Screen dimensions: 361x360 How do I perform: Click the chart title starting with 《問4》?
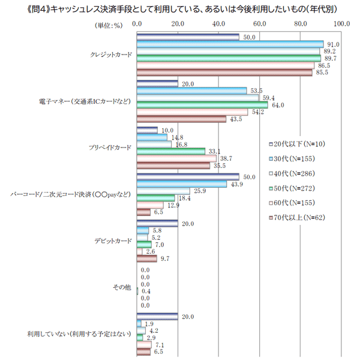click(179, 8)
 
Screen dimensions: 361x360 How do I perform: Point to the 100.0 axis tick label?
click(341, 23)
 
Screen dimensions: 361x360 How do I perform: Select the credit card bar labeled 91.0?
click(230, 44)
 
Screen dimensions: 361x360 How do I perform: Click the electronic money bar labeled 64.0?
click(202, 105)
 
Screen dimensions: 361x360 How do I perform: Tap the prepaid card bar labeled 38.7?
click(176, 158)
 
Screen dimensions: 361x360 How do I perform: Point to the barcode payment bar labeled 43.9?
click(182, 184)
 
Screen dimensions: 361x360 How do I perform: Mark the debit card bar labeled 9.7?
click(146, 259)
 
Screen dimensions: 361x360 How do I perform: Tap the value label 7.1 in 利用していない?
click(160, 345)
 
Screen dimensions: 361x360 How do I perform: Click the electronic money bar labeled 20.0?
click(157, 83)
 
